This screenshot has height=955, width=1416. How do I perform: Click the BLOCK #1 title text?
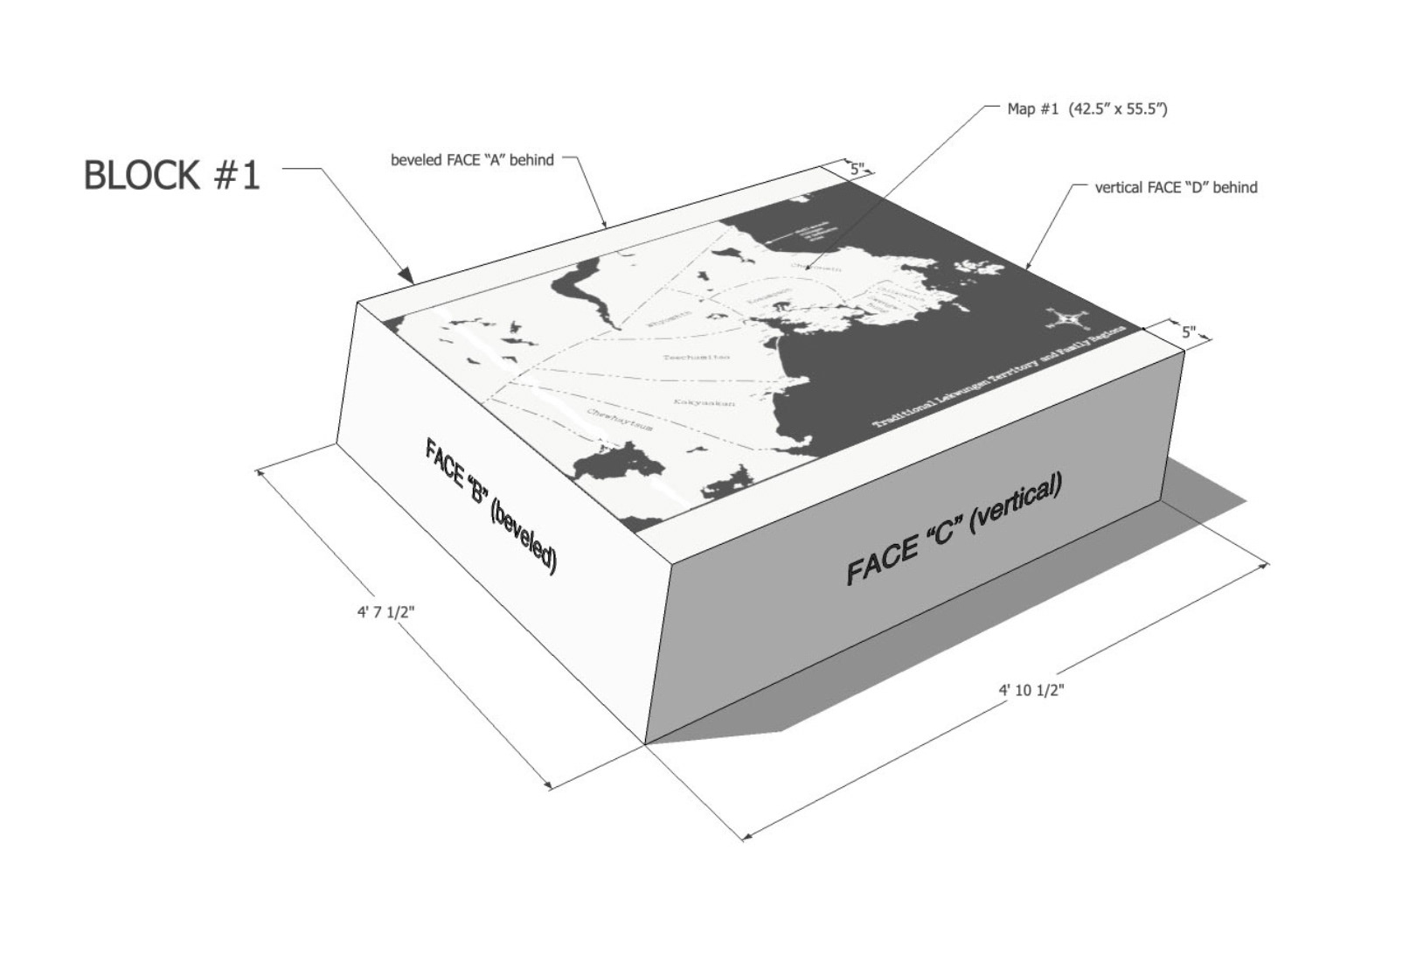tap(171, 175)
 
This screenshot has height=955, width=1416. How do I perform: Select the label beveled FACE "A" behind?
tap(472, 160)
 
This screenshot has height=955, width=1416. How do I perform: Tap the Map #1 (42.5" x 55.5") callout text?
tap(1087, 109)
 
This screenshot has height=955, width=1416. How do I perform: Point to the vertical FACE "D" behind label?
tap(1176, 187)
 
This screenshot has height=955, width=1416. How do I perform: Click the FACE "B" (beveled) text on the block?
tap(490, 506)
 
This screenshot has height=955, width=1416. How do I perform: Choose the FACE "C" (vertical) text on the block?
tap(954, 530)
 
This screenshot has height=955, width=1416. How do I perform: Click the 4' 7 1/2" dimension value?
tap(385, 612)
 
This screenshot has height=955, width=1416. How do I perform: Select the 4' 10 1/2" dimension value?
tap(1031, 690)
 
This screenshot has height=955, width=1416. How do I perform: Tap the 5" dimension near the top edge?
tap(857, 170)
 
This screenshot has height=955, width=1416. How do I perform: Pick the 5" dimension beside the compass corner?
tap(1189, 332)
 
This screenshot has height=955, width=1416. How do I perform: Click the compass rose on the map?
tap(1065, 319)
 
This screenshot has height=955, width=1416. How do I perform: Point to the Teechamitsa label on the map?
tap(696, 357)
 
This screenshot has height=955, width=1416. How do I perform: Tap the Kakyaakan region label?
tap(704, 402)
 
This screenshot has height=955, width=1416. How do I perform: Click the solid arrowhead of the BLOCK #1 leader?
tap(406, 275)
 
